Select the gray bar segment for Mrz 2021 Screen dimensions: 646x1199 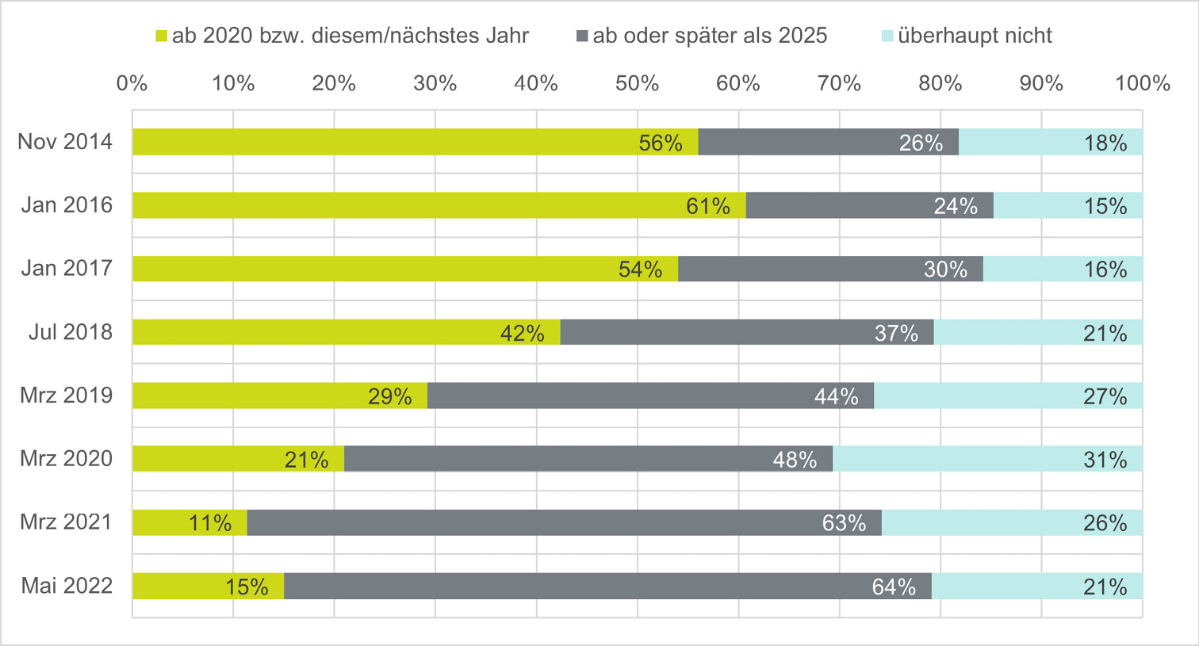[564, 522]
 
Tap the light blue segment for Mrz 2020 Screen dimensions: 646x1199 [987, 459]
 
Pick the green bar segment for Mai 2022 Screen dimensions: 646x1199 [208, 586]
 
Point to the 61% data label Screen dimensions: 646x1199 [707, 206]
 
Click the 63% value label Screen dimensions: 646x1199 [844, 523]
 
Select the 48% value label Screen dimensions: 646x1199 [795, 460]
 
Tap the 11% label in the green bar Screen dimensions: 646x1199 [210, 523]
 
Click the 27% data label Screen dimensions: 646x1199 [1105, 396]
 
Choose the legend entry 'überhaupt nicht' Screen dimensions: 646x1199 [975, 36]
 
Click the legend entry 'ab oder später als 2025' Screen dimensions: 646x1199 [710, 36]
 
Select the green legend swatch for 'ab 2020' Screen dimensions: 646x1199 [162, 36]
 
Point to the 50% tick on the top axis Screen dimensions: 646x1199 [637, 83]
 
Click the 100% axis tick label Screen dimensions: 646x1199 [1142, 83]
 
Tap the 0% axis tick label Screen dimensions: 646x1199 [132, 83]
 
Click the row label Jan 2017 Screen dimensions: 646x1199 [67, 269]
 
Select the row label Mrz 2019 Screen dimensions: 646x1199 [67, 396]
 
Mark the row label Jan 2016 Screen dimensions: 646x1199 [67, 205]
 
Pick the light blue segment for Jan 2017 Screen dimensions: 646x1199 [1063, 269]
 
